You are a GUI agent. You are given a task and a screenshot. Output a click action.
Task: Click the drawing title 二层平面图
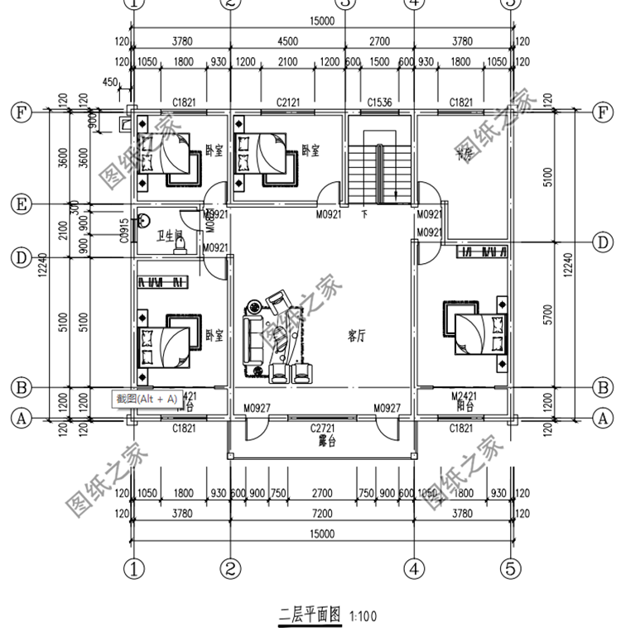click(x=308, y=615)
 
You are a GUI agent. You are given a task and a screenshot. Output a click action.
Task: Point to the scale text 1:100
click(x=363, y=615)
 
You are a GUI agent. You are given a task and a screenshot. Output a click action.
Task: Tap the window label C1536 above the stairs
click(x=378, y=102)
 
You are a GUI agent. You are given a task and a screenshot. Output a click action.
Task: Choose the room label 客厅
click(x=357, y=336)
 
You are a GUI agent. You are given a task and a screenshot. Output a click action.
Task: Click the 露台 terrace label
click(x=326, y=441)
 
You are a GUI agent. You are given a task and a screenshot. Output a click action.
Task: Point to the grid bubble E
click(x=21, y=203)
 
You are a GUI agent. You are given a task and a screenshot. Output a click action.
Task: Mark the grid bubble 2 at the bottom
click(x=230, y=568)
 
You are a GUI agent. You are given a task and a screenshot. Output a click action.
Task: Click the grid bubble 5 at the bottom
click(x=511, y=568)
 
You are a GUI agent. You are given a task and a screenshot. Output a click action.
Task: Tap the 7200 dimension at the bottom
click(x=322, y=514)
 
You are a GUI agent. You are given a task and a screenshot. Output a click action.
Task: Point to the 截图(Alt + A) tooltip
click(x=147, y=399)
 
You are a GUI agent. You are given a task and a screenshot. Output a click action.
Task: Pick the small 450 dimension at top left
click(x=109, y=81)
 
